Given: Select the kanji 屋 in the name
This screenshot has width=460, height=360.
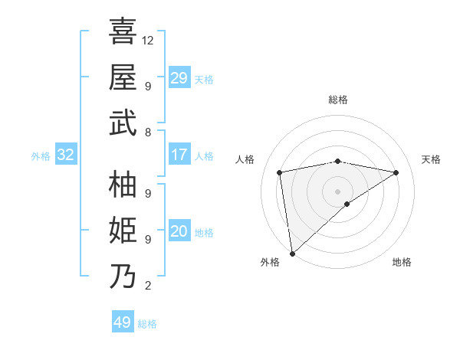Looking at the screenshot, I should tap(123, 77).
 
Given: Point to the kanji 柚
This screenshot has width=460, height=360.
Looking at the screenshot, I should tap(123, 184).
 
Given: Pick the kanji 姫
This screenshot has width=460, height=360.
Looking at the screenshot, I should tap(123, 230).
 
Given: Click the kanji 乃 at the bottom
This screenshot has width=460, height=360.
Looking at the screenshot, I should tap(123, 276).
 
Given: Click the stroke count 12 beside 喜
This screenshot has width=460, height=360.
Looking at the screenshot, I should tap(148, 40).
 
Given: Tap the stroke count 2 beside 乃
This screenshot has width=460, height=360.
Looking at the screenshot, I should tap(148, 286).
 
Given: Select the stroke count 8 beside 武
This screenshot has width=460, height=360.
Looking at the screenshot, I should tap(148, 132).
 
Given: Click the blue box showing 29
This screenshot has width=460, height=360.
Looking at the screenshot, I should tap(179, 78).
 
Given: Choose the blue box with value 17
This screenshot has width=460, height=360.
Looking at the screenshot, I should tap(179, 155).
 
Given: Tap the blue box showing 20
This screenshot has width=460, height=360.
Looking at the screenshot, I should tap(179, 232).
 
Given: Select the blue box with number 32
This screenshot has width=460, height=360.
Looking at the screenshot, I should tap(65, 155).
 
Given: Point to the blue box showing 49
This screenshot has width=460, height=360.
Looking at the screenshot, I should tap(122, 322).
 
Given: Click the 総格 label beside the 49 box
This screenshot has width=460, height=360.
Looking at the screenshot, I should tap(147, 324).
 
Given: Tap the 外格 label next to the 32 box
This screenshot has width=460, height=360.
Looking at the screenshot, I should tap(41, 156).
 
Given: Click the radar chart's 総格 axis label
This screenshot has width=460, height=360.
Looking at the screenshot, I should tap(338, 100).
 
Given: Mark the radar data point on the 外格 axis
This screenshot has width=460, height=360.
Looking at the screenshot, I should tap(292, 253).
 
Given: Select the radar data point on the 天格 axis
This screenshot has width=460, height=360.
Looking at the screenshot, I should tap(396, 172).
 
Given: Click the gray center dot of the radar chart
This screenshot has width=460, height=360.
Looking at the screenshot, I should tap(338, 191).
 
